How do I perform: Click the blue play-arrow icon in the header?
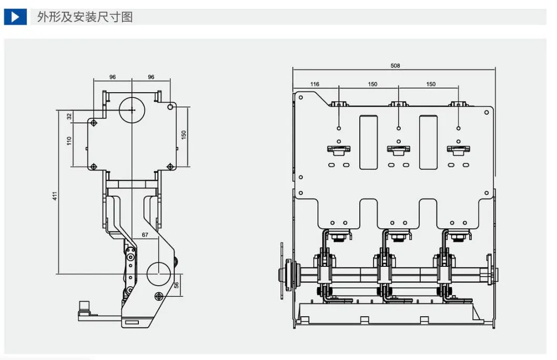coord(15,17)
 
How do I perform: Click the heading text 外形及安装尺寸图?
coord(85,17)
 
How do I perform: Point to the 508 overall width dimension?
coord(395,66)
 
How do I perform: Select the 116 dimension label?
coord(315,84)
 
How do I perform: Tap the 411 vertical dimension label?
coord(55,196)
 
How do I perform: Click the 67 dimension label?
coord(145,235)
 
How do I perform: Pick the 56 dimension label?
coord(176,285)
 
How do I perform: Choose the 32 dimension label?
coord(69,116)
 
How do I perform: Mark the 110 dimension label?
coord(69,141)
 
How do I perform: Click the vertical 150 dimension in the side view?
coord(184,135)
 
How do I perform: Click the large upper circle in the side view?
coord(132,110)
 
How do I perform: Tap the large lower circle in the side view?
coord(159,274)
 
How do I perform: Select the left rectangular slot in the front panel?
coord(368,142)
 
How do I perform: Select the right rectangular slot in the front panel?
coord(429,142)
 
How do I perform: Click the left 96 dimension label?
coord(113,77)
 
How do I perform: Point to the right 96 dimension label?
coord(151,77)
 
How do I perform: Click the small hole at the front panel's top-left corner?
coord(301,97)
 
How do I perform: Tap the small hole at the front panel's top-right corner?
coord(487,113)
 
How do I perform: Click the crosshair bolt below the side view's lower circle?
coord(159,296)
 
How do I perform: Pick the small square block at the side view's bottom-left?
coord(84,306)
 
